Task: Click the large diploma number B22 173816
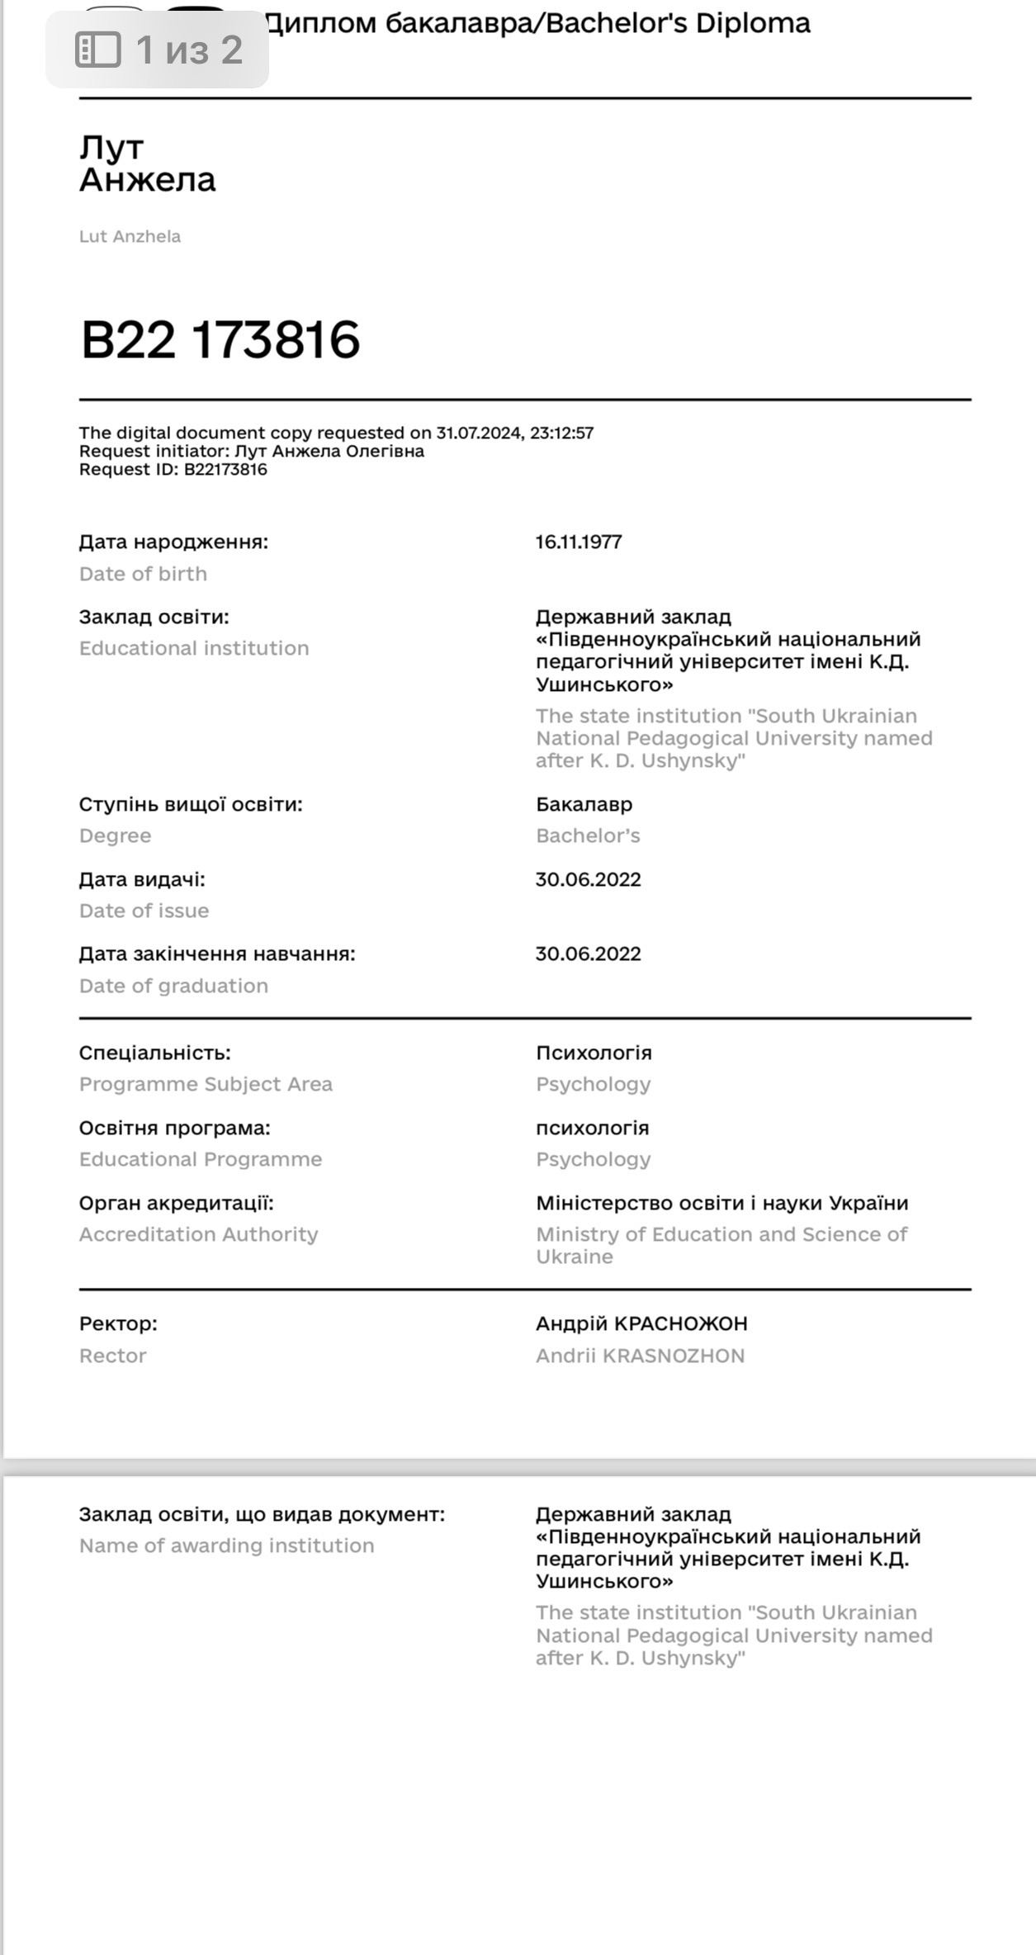(220, 339)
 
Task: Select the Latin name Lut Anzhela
(130, 236)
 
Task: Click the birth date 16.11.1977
(579, 542)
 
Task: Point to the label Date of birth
(143, 574)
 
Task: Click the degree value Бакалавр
(584, 804)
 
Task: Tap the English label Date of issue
(144, 911)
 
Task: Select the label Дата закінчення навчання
(217, 954)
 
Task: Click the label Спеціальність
(155, 1053)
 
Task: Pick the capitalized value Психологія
(594, 1053)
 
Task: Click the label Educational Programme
(201, 1159)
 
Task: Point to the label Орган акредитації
(177, 1203)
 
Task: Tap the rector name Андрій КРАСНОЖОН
(641, 1323)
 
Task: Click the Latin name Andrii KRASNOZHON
(640, 1356)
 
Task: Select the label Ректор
(118, 1323)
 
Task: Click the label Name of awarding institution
(226, 1546)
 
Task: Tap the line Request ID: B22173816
(173, 470)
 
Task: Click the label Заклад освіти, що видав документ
(262, 1514)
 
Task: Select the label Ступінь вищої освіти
(191, 804)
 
